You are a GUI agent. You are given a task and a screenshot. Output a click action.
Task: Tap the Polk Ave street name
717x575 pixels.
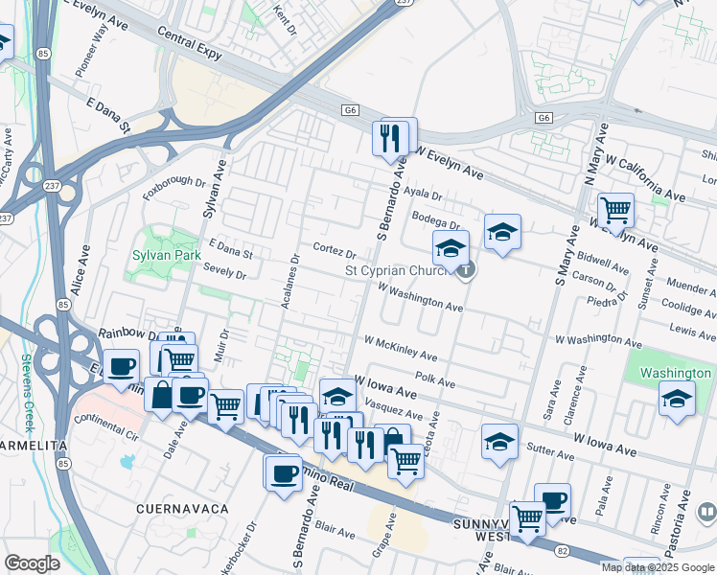coord(435,380)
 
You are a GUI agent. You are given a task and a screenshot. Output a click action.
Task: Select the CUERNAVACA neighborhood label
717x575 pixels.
coord(181,508)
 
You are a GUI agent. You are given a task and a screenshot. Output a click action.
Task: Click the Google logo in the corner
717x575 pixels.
coord(32,563)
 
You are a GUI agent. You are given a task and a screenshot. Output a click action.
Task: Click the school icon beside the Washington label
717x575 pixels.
coord(677,397)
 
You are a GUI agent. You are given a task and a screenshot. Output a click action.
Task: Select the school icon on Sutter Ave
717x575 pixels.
coord(499,441)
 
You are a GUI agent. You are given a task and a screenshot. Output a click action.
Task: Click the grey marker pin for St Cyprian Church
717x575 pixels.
coord(465,270)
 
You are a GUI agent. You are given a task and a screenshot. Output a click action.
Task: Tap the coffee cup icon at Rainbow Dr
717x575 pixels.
coord(121,366)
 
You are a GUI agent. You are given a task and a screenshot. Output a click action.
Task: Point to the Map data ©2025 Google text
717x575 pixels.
coord(659,567)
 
